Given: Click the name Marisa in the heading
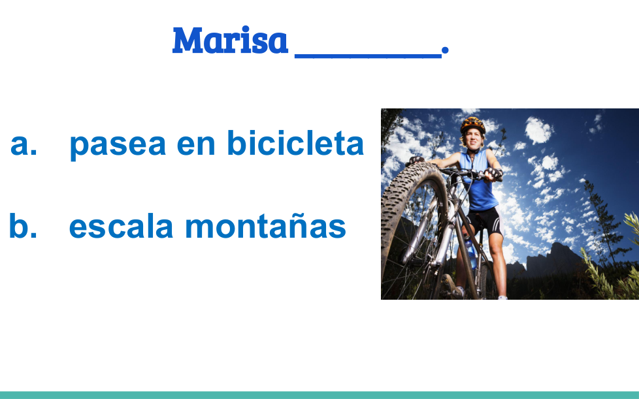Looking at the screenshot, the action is coord(230,40).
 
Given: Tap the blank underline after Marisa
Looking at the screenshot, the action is coord(368,56).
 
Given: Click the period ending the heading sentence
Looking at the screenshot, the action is coord(445,50).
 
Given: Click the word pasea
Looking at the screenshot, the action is coord(118,145).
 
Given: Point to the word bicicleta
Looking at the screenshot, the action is coord(295,142).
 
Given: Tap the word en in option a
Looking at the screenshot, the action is coord(195,144).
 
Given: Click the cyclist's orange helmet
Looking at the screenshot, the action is coord(473,125).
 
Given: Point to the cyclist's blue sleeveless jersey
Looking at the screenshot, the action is coord(478,180).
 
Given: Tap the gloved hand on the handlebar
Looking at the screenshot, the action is coord(494,174).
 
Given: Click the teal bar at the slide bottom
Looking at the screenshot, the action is coord(319,395).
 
